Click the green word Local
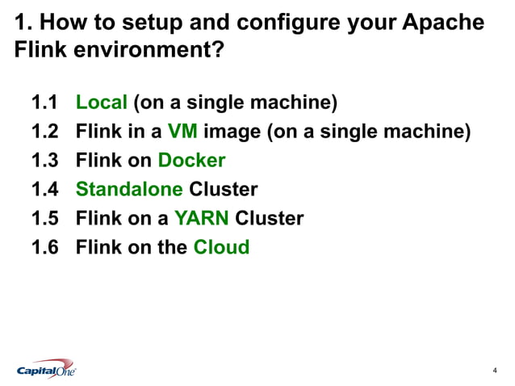(102, 103)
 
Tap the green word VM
(182, 132)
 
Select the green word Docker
(191, 161)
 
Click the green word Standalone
(129, 190)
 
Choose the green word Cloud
(221, 247)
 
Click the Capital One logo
(47, 370)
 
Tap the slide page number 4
(494, 371)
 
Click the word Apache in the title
(445, 23)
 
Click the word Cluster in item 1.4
(224, 190)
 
